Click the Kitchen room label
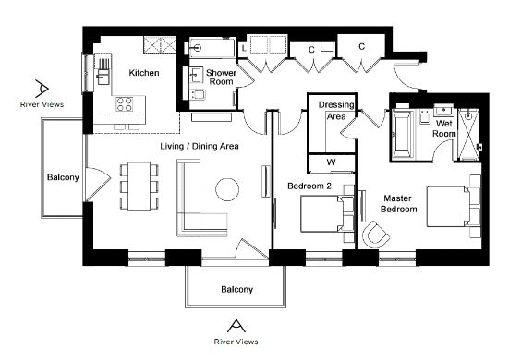pos(144,73)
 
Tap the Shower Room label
pos(221,78)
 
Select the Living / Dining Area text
pos(200,146)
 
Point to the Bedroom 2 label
pos(309,186)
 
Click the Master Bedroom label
pos(398,204)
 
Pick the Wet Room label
pos(443,128)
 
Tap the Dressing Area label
pos(336,111)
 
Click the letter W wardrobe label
pos(331,162)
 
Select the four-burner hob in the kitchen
pos(125,104)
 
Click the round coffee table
pos(227,190)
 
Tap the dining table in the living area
pos(139,186)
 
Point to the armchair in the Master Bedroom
pos(376,234)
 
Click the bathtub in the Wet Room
pos(403,135)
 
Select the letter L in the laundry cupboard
pos(244,49)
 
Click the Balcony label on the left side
pos(63,177)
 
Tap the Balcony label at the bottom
pos(236,289)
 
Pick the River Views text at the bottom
pos(236,342)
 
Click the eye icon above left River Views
pos(42,89)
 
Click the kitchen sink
pos(103,77)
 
